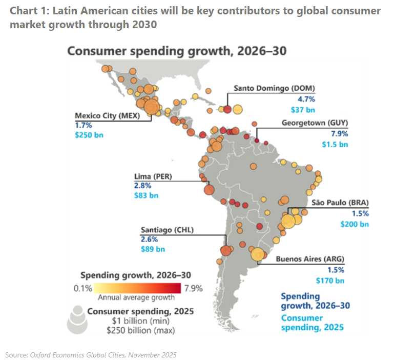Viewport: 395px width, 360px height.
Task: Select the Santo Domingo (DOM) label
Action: point(274,88)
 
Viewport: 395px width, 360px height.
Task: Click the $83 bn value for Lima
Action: point(146,195)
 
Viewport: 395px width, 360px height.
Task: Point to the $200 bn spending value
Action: point(355,224)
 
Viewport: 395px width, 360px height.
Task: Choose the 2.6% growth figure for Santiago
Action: point(149,239)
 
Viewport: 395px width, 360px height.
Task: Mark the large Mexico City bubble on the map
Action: point(151,107)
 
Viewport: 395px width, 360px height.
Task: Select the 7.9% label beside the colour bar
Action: point(193,288)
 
